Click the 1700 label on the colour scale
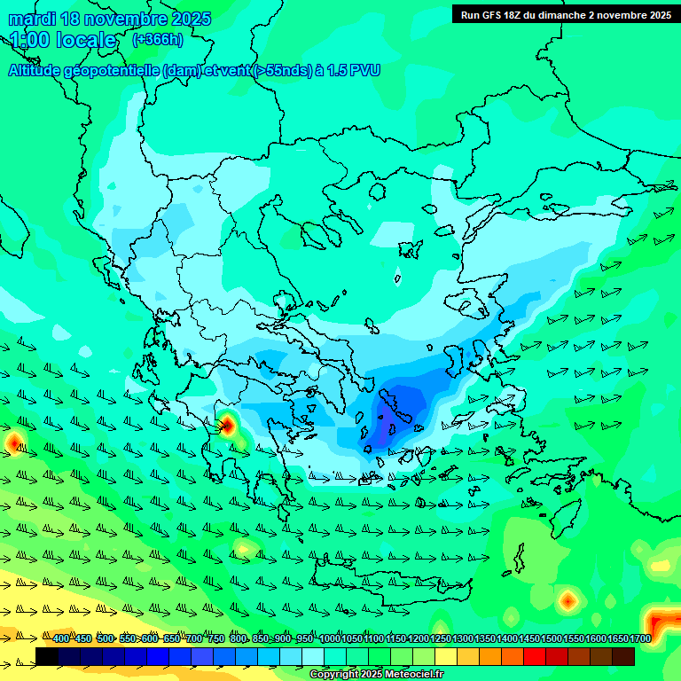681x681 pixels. click(x=640, y=638)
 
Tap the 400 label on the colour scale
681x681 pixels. click(x=61, y=638)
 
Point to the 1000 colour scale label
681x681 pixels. click(x=329, y=638)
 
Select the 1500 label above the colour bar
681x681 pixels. click(x=552, y=638)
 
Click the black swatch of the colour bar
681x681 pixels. click(x=47, y=656)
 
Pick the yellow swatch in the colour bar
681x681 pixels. click(x=446, y=656)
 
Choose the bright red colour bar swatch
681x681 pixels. click(x=535, y=656)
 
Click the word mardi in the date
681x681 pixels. click(x=32, y=19)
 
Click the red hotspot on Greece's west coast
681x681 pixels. click(x=226, y=425)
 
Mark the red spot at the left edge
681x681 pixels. click(x=13, y=441)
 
